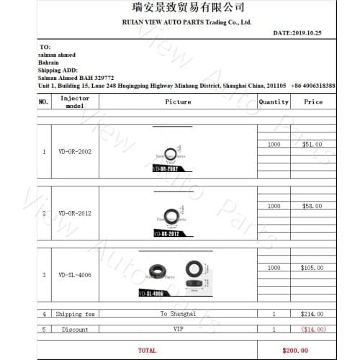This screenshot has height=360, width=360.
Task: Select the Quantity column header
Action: point(274,102)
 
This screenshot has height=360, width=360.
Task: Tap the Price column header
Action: point(313,102)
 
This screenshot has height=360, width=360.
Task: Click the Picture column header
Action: point(178,102)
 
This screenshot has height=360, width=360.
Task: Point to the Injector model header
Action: point(75,102)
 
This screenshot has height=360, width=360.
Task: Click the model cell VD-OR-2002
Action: point(75,152)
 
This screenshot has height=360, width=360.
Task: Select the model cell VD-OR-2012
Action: point(75,213)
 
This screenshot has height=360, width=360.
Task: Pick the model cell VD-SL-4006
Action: point(75,274)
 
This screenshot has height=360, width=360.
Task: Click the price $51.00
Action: point(312,145)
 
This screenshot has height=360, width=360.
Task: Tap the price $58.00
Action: point(312,206)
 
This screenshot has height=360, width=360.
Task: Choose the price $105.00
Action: point(312,268)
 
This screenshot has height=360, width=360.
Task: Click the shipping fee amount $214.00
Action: point(312,314)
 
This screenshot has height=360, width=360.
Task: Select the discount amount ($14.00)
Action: point(312,329)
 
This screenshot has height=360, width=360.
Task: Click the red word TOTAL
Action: point(147,350)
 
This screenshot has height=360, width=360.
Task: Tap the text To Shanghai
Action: point(178,314)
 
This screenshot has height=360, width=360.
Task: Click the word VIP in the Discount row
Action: point(178,329)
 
